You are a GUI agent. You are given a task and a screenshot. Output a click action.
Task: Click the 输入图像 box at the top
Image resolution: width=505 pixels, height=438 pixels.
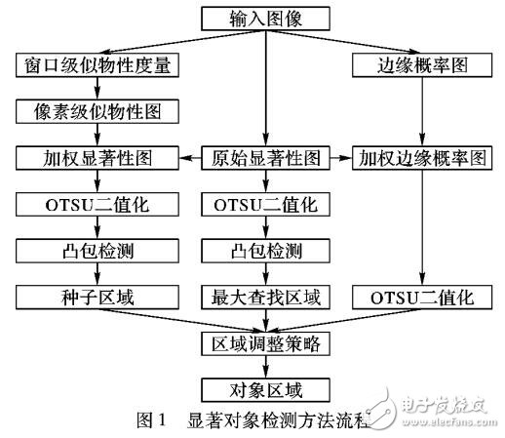[x=264, y=19]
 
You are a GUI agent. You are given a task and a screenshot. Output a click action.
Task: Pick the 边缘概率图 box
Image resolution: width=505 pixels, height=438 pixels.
[x=421, y=65]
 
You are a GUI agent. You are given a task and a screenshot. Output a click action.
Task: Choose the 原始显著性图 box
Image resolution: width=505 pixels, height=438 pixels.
[x=264, y=156]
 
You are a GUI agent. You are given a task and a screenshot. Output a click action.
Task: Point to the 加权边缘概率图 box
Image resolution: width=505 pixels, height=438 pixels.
[x=421, y=156]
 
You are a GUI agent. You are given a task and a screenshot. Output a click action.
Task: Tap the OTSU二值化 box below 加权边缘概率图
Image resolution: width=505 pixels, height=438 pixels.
[x=421, y=296]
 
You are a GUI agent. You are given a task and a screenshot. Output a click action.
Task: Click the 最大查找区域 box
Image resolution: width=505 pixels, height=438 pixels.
[x=264, y=296]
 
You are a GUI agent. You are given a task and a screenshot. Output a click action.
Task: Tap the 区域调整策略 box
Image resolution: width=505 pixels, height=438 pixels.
[x=264, y=343]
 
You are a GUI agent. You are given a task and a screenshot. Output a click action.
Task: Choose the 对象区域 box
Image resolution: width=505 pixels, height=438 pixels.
[x=264, y=390]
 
